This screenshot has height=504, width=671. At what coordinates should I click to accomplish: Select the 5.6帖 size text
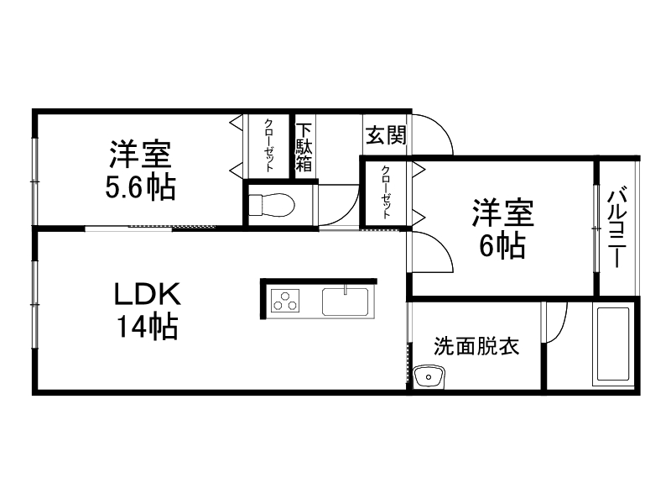click(x=140, y=187)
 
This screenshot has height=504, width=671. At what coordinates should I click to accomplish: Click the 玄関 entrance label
click(x=385, y=134)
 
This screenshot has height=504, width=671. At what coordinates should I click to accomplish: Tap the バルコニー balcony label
click(x=618, y=227)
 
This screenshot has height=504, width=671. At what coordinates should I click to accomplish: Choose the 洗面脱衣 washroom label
click(x=476, y=345)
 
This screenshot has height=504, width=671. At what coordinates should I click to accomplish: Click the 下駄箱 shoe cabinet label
click(x=304, y=147)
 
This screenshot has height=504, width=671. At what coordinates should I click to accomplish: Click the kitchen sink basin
click(x=346, y=301)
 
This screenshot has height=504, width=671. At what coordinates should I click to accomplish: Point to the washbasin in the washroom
click(x=431, y=376)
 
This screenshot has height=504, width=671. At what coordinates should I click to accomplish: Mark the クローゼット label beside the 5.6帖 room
click(x=268, y=145)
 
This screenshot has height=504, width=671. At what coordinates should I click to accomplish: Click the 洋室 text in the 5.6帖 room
click(x=140, y=156)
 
